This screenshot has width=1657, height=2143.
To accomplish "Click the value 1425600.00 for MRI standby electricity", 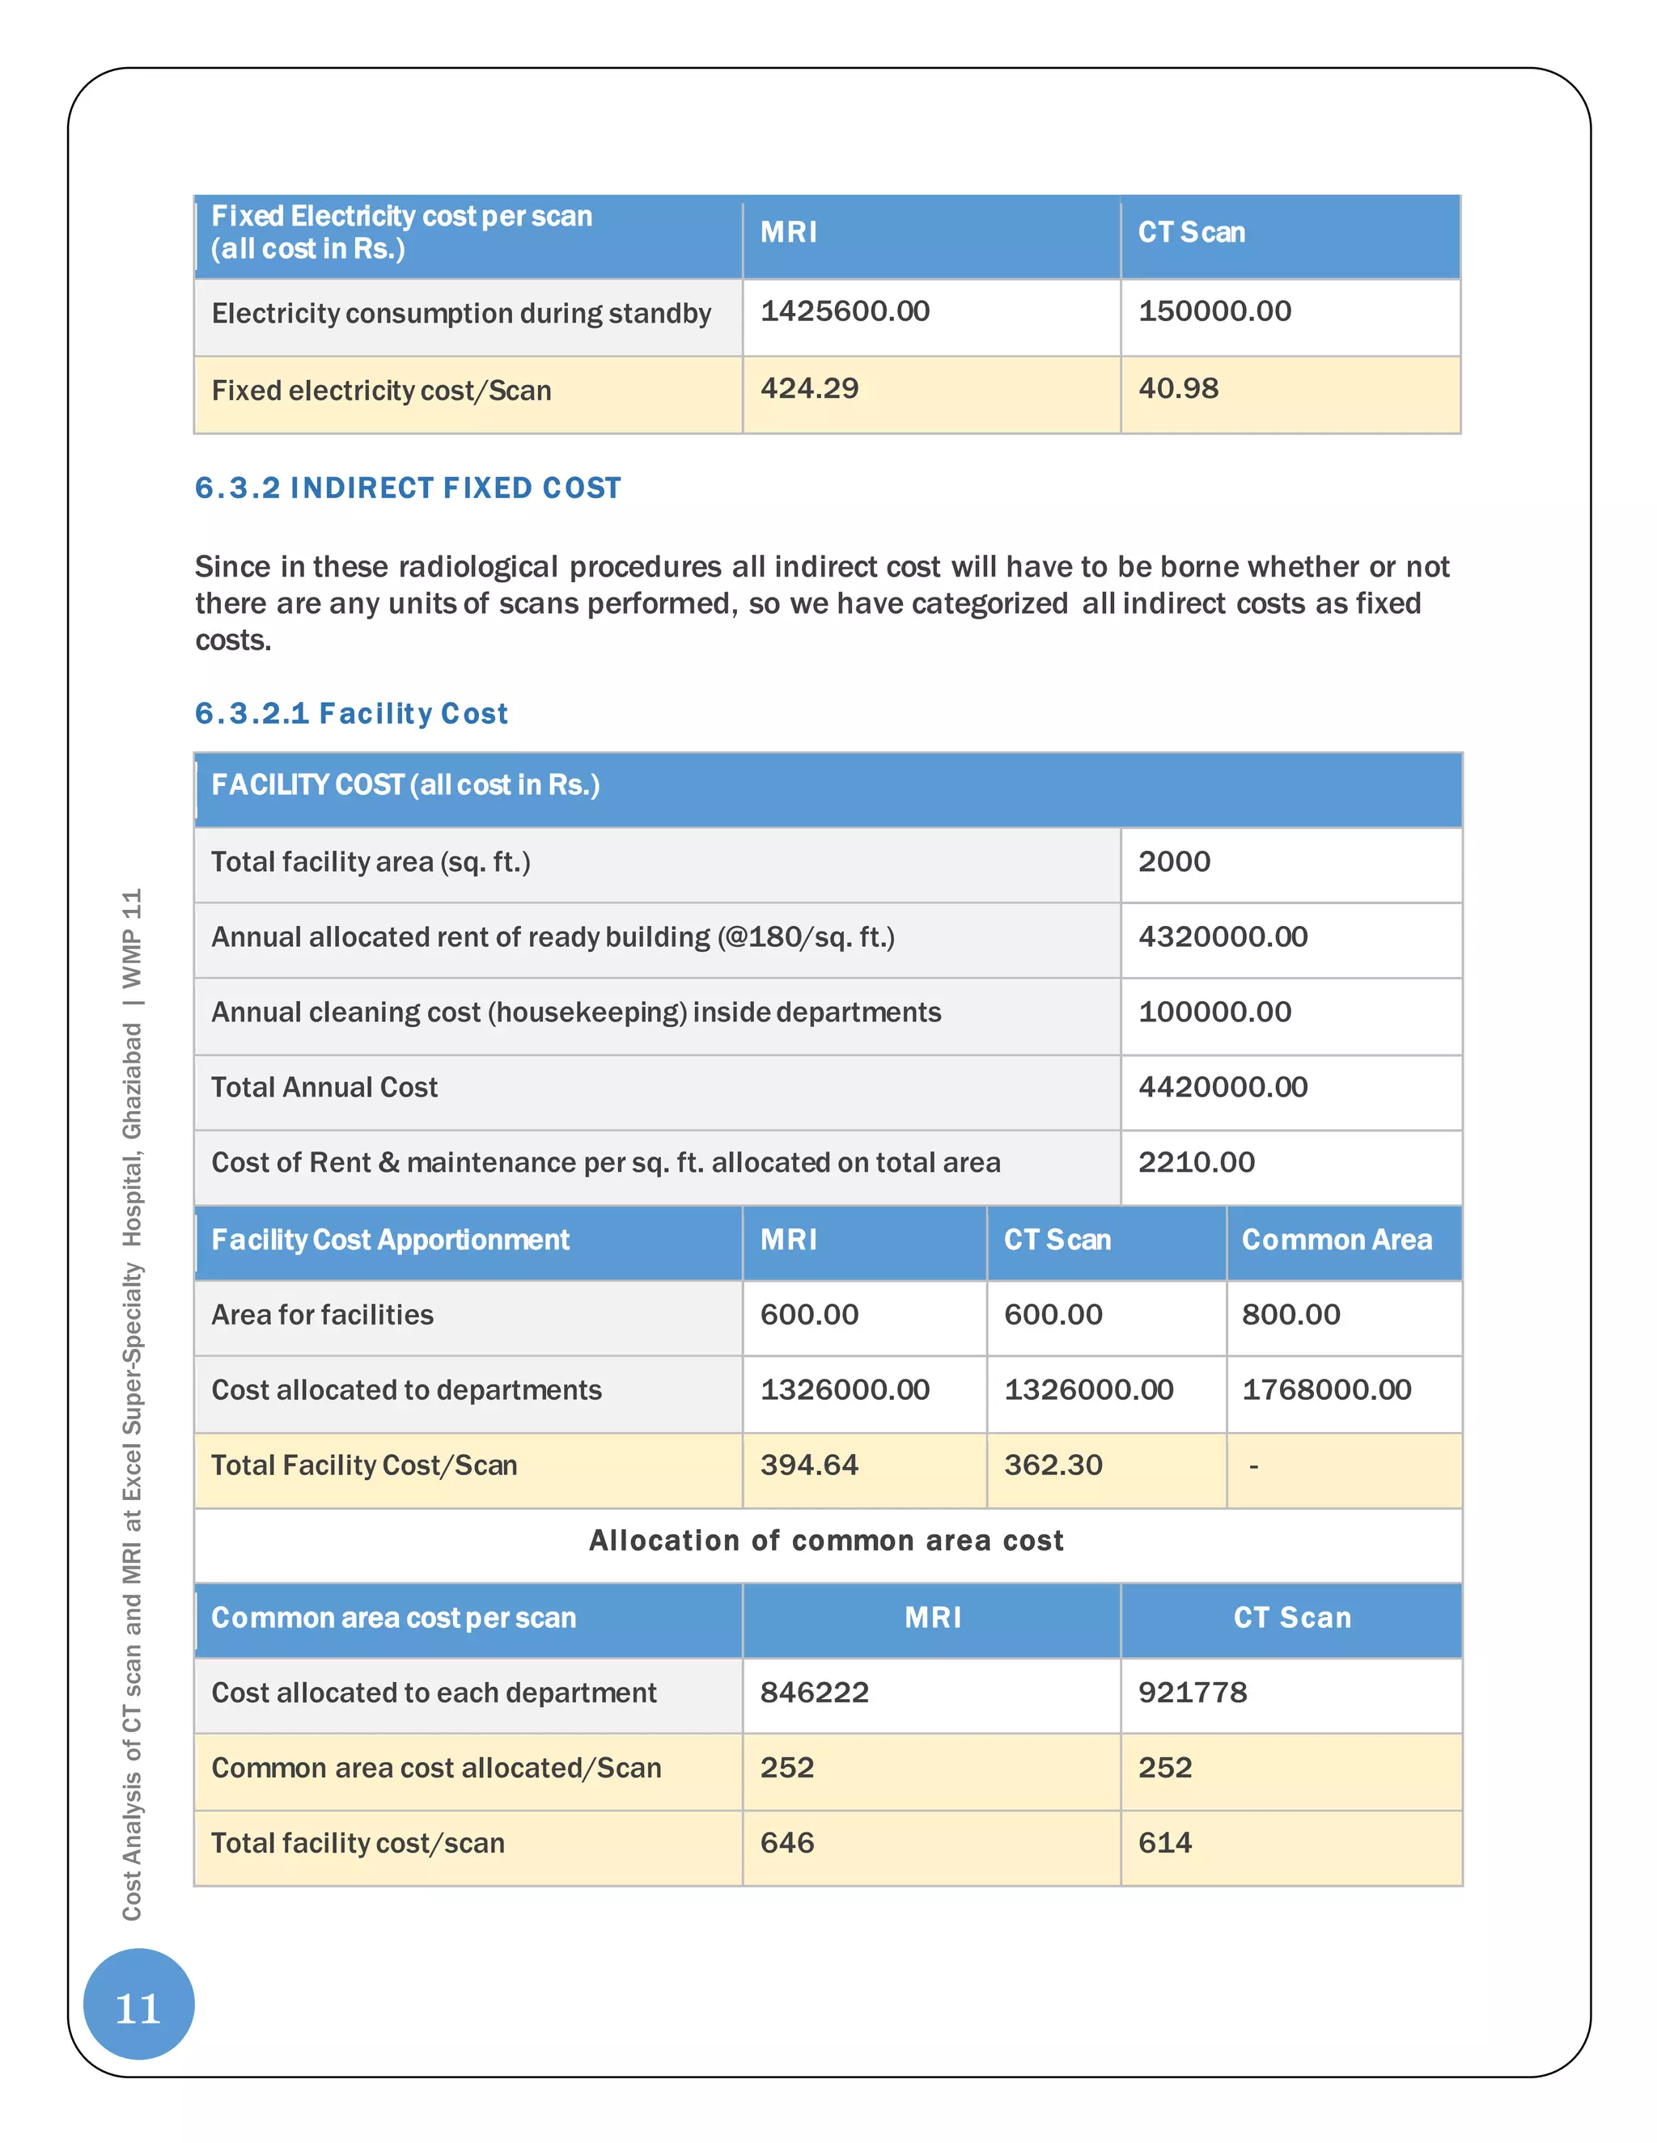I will [x=844, y=312].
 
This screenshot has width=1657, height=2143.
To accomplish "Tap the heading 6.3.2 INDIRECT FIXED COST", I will [x=408, y=488].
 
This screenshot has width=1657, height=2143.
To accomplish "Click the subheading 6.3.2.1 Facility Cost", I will [x=351, y=713].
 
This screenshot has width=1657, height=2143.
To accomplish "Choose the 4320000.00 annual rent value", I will [x=1223, y=937].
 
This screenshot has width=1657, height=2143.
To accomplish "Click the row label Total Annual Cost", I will [x=324, y=1087].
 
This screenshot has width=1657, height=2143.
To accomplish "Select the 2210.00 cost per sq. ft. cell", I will [x=1196, y=1163].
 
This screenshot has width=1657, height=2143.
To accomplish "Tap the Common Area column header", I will [x=1336, y=1241].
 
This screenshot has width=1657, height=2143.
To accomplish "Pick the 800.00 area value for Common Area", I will [x=1290, y=1315].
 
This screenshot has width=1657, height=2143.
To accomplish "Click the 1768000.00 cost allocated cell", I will [x=1326, y=1390].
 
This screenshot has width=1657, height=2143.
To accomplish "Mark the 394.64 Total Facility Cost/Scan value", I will [x=809, y=1465].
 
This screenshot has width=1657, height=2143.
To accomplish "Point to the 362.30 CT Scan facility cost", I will [x=1053, y=1465].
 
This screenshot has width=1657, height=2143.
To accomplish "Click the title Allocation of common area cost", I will [x=825, y=1541].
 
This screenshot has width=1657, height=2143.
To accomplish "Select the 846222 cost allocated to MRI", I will [x=814, y=1693].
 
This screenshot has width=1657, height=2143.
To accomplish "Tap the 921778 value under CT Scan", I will [x=1192, y=1693].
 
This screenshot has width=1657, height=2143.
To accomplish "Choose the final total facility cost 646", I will [x=786, y=1843].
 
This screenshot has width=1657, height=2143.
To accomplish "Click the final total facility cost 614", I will [x=1164, y=1843].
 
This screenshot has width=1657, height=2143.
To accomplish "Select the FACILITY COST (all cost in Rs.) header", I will [x=405, y=785].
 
